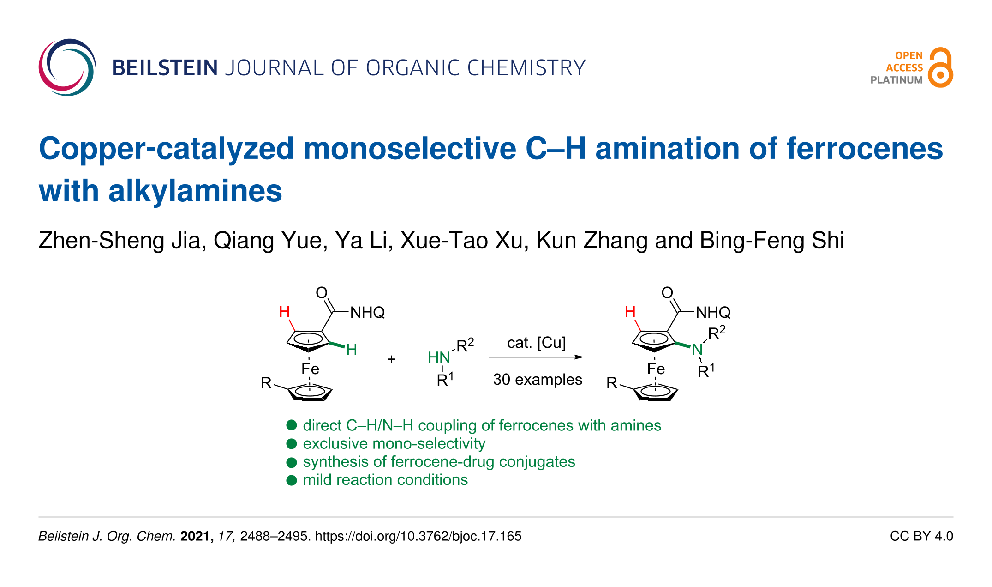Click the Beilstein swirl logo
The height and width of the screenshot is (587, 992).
click(x=67, y=67)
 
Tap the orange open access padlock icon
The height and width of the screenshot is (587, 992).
click(x=940, y=67)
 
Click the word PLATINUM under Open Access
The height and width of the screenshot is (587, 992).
click(x=896, y=80)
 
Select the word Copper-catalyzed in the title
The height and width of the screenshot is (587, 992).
click(x=166, y=149)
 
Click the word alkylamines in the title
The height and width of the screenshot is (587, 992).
click(x=195, y=191)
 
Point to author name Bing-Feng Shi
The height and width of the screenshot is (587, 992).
click(x=771, y=241)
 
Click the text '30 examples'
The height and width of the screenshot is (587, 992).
click(x=538, y=380)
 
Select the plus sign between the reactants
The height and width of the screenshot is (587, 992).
click(x=391, y=359)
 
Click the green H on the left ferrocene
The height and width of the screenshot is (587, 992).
click(x=352, y=350)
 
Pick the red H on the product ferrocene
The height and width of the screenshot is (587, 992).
click(x=630, y=312)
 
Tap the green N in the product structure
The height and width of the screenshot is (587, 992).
click(x=697, y=350)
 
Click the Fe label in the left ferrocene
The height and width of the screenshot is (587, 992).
click(x=310, y=369)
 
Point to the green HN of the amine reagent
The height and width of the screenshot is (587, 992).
click(x=438, y=357)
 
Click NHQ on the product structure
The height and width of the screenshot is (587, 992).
click(x=713, y=313)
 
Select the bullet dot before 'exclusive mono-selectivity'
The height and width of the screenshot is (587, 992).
click(x=291, y=444)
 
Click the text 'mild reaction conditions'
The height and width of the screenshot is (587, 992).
click(x=385, y=480)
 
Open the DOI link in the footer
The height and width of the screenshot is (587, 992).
click(x=418, y=536)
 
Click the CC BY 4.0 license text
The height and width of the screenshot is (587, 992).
click(x=921, y=536)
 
